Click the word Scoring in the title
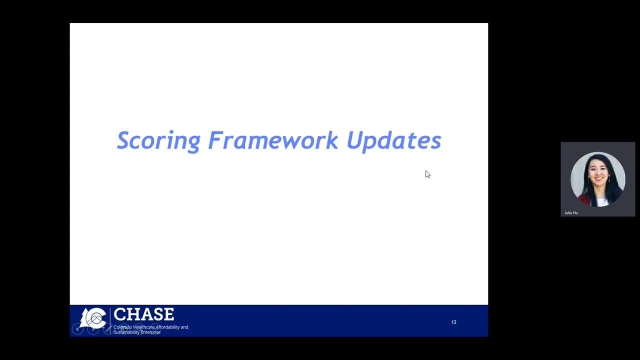tap(158, 141)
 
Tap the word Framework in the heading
tap(273, 140)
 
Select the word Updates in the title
tap(393, 141)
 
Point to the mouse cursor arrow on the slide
tap(427, 174)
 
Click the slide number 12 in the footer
tap(454, 322)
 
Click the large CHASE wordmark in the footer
tap(143, 314)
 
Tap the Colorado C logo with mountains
tap(96, 318)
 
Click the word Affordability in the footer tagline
tap(170, 327)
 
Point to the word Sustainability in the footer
tap(127, 332)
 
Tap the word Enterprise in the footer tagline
tap(151, 332)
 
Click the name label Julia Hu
tap(571, 213)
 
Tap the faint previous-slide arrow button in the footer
tap(77, 329)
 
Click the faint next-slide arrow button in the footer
tap(93, 329)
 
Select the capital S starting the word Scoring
tap(123, 140)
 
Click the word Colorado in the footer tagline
tap(122, 327)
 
